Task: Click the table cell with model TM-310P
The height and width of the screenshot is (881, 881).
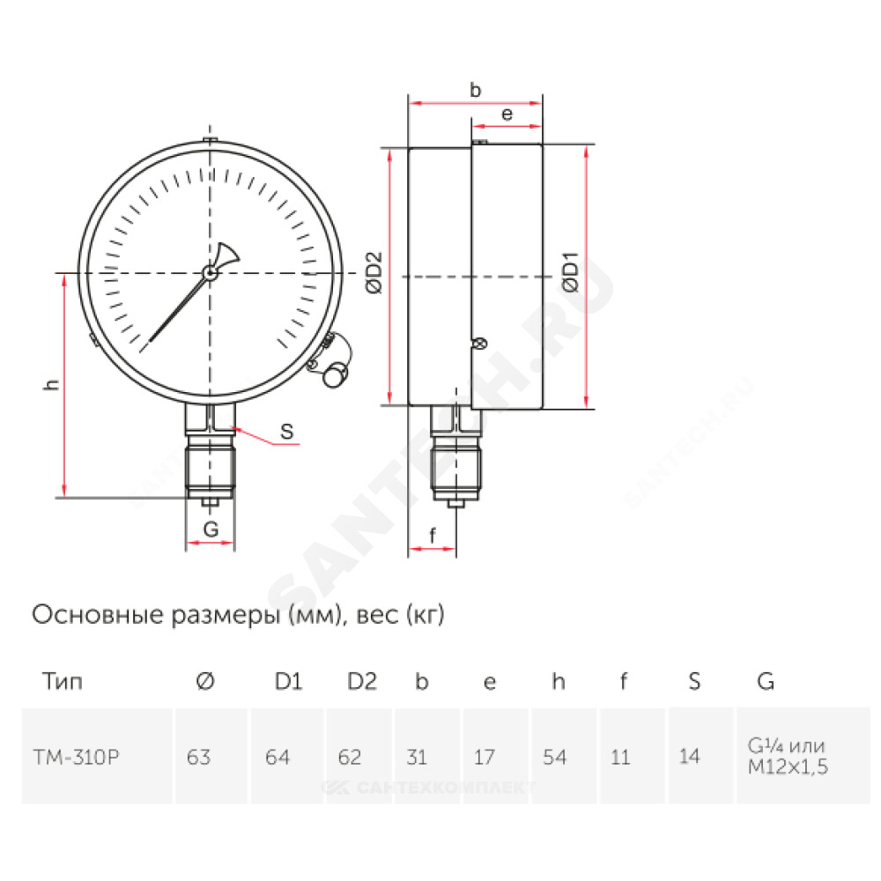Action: click(x=77, y=757)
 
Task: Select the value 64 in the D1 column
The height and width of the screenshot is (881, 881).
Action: click(x=278, y=757)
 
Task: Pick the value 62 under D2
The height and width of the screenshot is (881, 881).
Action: click(x=350, y=757)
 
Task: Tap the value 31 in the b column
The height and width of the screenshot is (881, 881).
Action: click(x=417, y=757)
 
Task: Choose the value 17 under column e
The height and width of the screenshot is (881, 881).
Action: click(x=485, y=757)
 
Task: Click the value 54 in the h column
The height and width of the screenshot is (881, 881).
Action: click(x=554, y=757)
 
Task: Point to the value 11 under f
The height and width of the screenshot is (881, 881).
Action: click(x=620, y=757)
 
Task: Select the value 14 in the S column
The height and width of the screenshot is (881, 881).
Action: click(x=690, y=756)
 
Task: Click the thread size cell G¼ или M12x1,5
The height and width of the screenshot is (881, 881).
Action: click(x=788, y=756)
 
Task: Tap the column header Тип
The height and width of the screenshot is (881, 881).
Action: click(x=63, y=681)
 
